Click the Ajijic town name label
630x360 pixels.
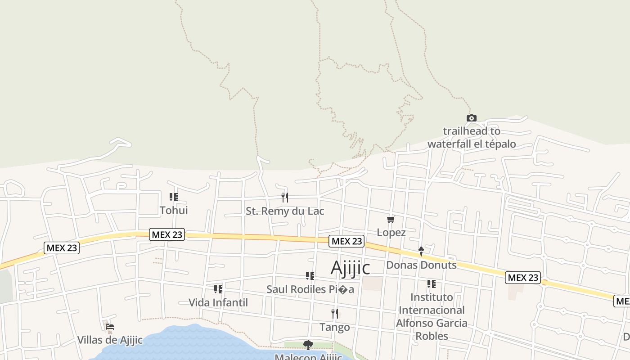(x=350, y=268)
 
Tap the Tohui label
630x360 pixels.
(x=174, y=210)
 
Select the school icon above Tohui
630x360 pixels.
(x=174, y=197)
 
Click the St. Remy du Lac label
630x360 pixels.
(x=285, y=211)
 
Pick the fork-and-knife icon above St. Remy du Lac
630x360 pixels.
(x=284, y=197)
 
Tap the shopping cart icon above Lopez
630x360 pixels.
(x=391, y=220)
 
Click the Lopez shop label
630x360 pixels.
(x=391, y=233)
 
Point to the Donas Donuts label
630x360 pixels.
(x=421, y=265)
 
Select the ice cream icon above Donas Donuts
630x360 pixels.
(x=421, y=251)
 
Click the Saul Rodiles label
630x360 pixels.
(x=310, y=289)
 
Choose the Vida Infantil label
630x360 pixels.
(x=218, y=302)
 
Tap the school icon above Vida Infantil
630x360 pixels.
(x=218, y=289)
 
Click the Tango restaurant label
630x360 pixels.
(x=334, y=327)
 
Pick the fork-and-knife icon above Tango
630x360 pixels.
(x=334, y=313)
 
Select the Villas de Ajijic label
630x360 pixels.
(x=110, y=340)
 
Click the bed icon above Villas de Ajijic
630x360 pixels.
(x=110, y=327)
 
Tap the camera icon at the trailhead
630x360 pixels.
(x=471, y=118)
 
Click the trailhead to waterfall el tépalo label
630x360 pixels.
(x=471, y=138)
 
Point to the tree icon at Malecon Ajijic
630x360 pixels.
(x=308, y=345)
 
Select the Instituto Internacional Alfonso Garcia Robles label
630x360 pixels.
(x=431, y=316)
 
